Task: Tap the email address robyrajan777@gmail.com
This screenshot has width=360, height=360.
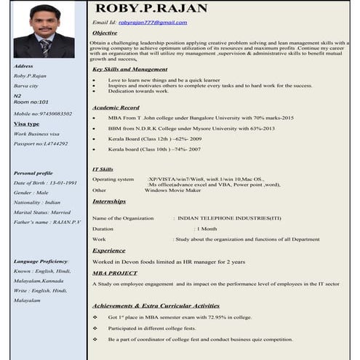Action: pyautogui.click(x=152, y=23)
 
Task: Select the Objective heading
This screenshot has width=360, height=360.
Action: pyautogui.click(x=105, y=33)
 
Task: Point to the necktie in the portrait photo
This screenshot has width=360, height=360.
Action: pyautogui.click(x=45, y=47)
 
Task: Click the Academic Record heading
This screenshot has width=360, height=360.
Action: pyautogui.click(x=116, y=107)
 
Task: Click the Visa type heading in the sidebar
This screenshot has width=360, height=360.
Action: pyautogui.click(x=27, y=124)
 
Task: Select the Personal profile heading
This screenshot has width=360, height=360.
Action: pyautogui.click(x=33, y=173)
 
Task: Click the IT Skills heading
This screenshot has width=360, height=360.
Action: pyautogui.click(x=103, y=169)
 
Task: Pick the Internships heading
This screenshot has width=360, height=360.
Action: pyautogui.click(x=109, y=201)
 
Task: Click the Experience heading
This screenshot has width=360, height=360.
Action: pyautogui.click(x=108, y=250)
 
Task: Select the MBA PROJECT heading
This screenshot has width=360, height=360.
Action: pyautogui.click(x=114, y=272)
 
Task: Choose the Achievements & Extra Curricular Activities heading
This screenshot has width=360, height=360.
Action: pyautogui.click(x=156, y=305)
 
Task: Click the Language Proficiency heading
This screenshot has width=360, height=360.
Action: pyautogui.click(x=41, y=260)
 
